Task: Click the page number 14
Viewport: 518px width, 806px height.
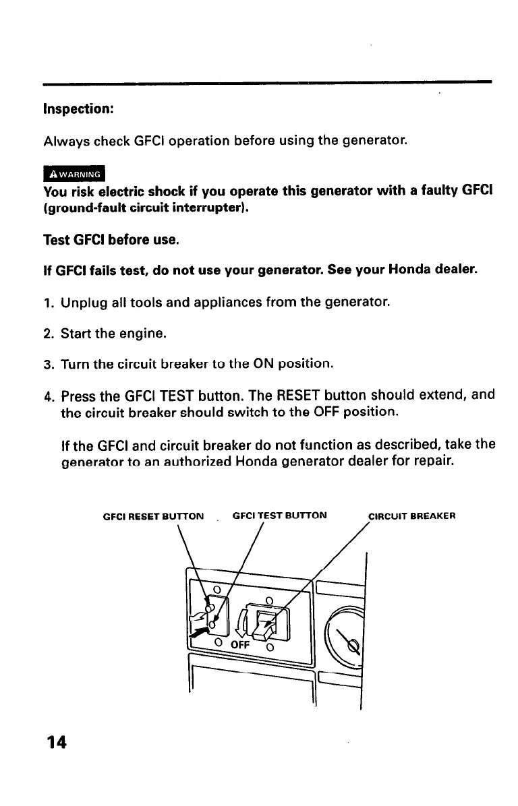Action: [57, 742]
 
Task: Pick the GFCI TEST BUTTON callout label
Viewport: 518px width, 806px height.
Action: [279, 516]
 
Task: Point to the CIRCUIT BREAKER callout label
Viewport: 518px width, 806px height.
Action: [412, 516]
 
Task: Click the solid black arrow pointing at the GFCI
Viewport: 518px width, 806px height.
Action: [198, 633]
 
